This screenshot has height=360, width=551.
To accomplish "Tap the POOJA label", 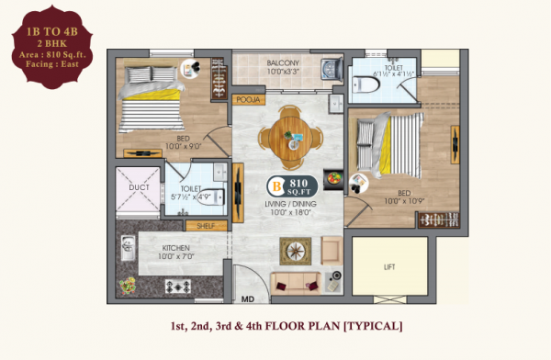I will pos(248,98).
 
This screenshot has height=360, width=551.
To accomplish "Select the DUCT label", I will pos(140,187).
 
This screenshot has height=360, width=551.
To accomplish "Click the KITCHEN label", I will pos(176,248).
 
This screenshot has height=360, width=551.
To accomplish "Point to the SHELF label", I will pos(204,225).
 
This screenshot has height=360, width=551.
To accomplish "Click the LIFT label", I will pos(388,266).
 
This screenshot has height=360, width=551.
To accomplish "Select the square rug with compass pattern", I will pos(297,249).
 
